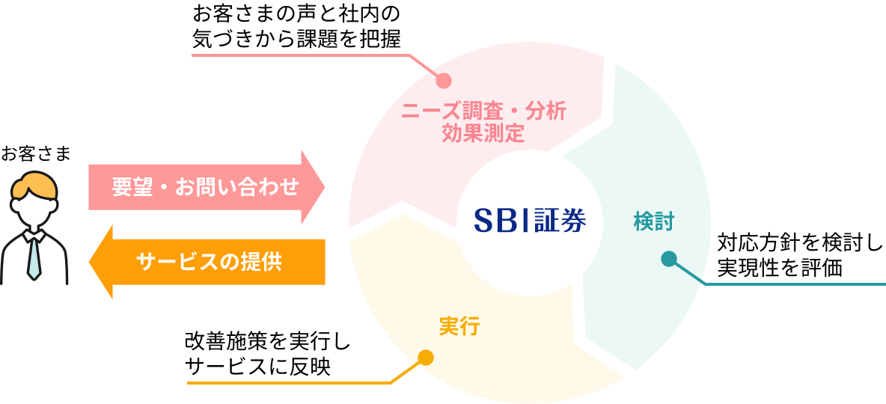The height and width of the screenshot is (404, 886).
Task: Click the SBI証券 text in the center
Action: tap(530, 220)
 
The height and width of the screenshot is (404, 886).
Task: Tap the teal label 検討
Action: tap(653, 221)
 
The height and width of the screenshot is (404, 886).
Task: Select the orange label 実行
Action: tap(459, 326)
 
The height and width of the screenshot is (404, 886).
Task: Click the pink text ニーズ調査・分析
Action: tap(483, 112)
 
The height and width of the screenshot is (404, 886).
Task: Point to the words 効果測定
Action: tap(483, 134)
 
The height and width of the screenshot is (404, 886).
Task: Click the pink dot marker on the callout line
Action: tap(444, 80)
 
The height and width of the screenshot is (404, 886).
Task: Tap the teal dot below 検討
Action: tap(669, 260)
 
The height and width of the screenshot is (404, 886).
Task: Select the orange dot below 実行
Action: tap(426, 358)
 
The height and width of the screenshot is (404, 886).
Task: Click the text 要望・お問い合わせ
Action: tap(205, 186)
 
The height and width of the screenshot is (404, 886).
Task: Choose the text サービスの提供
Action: tap(209, 262)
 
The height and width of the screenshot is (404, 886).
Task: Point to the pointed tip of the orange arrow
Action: tap(91, 263)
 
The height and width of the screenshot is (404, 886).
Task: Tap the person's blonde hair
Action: tap(34, 184)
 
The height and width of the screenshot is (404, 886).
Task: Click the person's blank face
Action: tap(34, 210)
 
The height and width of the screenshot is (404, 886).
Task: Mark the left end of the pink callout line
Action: tap(193, 55)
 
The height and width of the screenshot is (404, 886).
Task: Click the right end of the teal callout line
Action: tap(884, 284)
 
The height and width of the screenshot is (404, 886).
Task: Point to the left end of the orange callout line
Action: tap(189, 383)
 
